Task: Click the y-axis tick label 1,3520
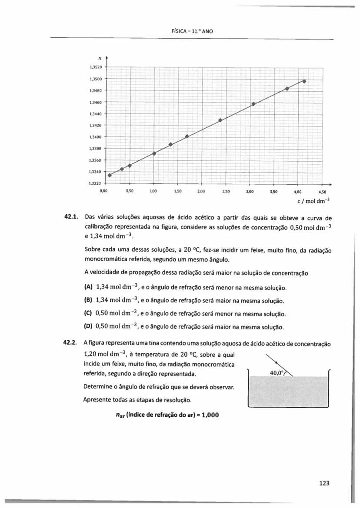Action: tap(94, 67)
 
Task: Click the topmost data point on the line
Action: tap(304, 81)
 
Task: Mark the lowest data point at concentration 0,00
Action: tap(110, 175)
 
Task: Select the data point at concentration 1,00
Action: tap(154, 153)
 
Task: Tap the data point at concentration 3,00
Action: tap(253, 104)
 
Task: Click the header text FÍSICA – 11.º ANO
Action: tap(191, 31)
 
